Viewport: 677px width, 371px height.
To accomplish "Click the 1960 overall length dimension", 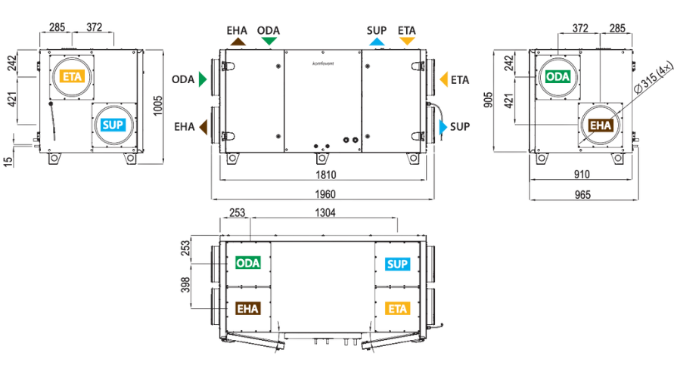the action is [325, 194].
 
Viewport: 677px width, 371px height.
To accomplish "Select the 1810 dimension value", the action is [325, 175].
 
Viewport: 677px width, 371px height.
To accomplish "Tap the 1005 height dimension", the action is [158, 105].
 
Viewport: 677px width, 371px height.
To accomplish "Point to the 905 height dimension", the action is [489, 100].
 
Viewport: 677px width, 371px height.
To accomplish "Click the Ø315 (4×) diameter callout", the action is [654, 77].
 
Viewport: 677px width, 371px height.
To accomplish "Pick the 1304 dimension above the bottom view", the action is [325, 212].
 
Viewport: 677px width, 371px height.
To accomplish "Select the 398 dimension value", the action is [185, 285].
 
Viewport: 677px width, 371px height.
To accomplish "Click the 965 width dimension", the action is [582, 195].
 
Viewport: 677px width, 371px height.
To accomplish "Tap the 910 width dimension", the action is [582, 175].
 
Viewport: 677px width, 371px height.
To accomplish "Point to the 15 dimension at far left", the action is [8, 162].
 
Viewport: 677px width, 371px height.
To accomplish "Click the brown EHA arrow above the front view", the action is [238, 42].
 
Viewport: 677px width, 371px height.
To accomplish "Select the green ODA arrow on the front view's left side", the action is [203, 79].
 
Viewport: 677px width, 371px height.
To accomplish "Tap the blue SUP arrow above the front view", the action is [377, 42].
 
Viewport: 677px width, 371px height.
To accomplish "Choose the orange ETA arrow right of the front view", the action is [443, 79].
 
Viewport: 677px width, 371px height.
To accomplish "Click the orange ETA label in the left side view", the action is [72, 77].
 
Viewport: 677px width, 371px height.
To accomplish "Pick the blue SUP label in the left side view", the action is [113, 125].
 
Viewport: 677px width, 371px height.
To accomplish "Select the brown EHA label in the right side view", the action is [601, 125].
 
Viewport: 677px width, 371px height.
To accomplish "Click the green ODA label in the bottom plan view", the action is [248, 263].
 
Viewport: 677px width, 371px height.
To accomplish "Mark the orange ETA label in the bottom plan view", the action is [397, 309].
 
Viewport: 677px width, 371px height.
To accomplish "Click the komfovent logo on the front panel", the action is [323, 63].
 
